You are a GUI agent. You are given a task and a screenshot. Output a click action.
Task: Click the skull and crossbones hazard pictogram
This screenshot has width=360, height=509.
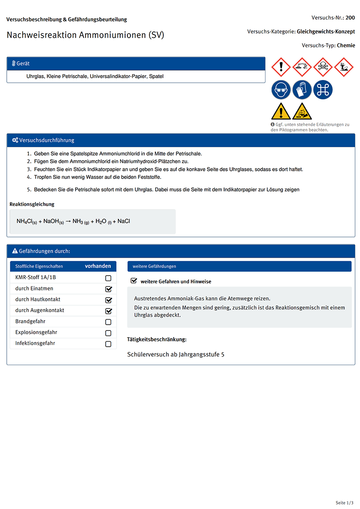(x=323, y=67)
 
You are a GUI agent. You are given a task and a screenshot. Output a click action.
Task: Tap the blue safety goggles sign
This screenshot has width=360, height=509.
(x=281, y=89)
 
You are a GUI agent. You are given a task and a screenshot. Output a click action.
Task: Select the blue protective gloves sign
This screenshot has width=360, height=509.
(x=302, y=89)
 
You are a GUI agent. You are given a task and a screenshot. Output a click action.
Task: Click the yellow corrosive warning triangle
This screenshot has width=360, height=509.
(x=302, y=111)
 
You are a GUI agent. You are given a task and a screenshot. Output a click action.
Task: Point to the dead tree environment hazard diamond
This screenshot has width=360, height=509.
(x=344, y=67)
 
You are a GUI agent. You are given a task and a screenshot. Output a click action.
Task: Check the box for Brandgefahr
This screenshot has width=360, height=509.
(x=108, y=322)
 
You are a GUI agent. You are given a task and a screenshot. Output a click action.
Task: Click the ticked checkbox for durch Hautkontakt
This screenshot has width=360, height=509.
(x=108, y=300)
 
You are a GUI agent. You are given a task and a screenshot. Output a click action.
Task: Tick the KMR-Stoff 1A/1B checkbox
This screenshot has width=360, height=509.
(x=108, y=278)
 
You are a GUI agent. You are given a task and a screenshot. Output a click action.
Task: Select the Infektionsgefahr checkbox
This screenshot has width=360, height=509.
(x=108, y=344)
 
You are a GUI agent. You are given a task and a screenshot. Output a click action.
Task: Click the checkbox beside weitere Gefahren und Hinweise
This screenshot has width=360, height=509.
(x=134, y=281)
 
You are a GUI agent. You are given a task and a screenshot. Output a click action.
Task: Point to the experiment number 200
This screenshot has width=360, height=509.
(x=350, y=18)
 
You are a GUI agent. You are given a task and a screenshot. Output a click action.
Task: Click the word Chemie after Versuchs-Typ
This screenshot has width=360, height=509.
(x=346, y=45)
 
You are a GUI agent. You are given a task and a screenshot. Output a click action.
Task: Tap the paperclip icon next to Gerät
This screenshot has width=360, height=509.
(x=13, y=64)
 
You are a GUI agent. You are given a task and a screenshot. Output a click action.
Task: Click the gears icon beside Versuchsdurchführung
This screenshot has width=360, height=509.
(x=15, y=140)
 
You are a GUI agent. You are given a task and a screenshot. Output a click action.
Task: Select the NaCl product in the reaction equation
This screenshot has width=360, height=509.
(x=124, y=221)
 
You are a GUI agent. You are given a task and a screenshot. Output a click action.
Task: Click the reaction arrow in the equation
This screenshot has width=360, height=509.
(x=68, y=221)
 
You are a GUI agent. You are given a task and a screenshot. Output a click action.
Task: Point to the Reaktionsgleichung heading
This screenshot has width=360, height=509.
(x=32, y=204)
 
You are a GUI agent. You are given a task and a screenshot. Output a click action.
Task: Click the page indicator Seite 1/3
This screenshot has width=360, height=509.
(x=345, y=502)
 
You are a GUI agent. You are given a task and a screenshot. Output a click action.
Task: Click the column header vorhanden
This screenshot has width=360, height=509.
(x=98, y=266)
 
